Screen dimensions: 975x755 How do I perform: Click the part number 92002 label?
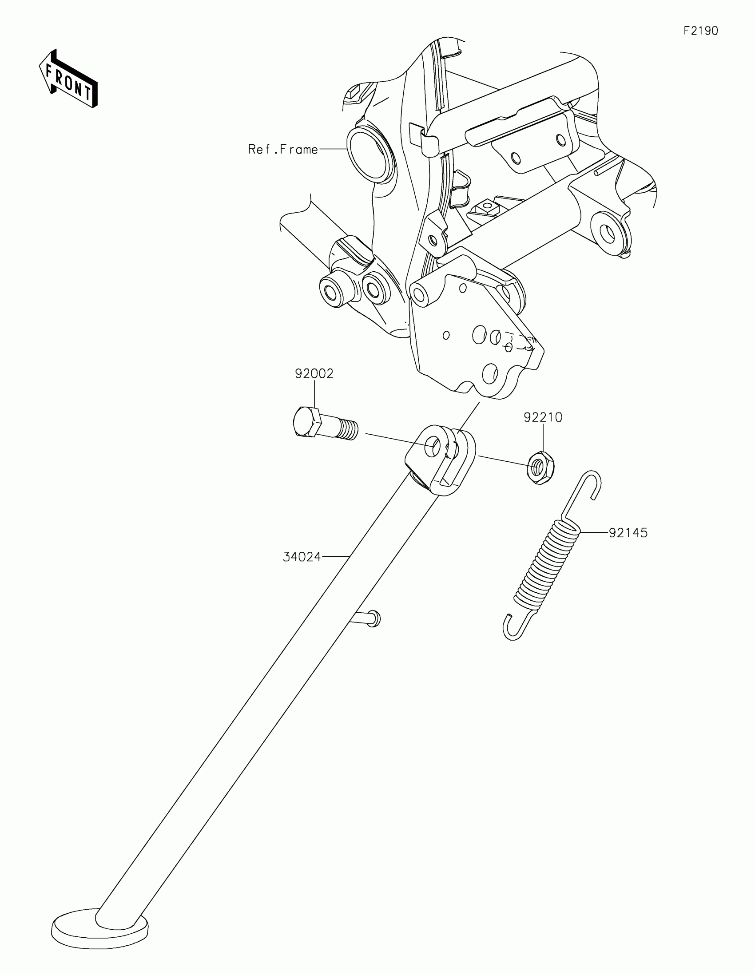pos(314,373)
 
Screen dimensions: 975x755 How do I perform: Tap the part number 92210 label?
pos(543,417)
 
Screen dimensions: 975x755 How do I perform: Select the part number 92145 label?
pos(628,533)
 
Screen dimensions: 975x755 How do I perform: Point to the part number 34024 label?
pos(302,557)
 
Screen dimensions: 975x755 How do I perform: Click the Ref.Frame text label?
pos(283,149)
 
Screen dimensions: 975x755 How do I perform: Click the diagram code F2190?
pos(701,31)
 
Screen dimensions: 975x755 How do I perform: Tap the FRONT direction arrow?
pos(68,79)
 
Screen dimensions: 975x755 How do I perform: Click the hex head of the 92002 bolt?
pos(305,422)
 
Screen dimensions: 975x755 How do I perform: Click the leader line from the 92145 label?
pos(594,532)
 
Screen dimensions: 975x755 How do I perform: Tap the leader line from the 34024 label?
pos(335,557)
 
